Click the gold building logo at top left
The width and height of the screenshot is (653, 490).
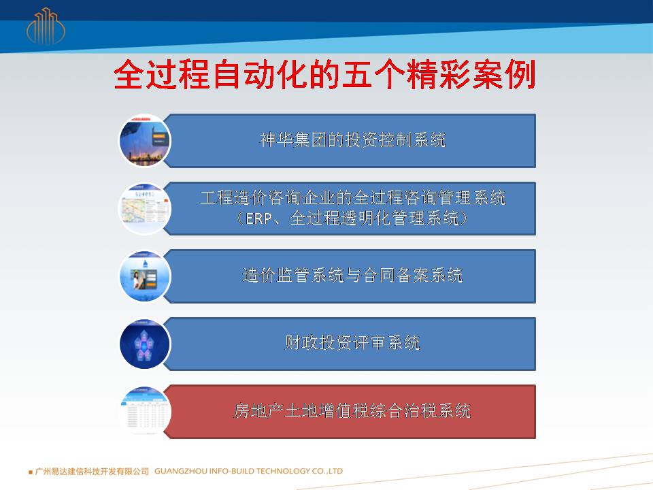pyautogui.click(x=46, y=26)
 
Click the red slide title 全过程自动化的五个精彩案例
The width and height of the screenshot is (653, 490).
pyautogui.click(x=324, y=75)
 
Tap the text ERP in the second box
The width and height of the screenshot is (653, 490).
pyautogui.click(x=258, y=218)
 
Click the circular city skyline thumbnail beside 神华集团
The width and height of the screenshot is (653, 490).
pyautogui.click(x=145, y=141)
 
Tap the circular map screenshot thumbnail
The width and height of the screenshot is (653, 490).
pyautogui.click(x=145, y=208)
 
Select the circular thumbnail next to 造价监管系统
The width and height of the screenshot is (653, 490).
pyautogui.click(x=145, y=276)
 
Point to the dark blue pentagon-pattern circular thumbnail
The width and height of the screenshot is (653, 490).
pyautogui.click(x=145, y=344)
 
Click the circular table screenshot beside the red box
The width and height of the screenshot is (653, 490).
pyautogui.click(x=145, y=411)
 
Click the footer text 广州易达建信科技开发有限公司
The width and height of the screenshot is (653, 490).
pyautogui.click(x=92, y=471)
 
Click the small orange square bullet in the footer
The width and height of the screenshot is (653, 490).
pyautogui.click(x=31, y=472)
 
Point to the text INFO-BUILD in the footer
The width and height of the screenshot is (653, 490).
pyautogui.click(x=231, y=471)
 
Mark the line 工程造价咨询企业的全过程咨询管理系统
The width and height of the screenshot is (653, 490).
pyautogui.click(x=353, y=197)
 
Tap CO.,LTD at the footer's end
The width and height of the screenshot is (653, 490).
pyautogui.click(x=327, y=471)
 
